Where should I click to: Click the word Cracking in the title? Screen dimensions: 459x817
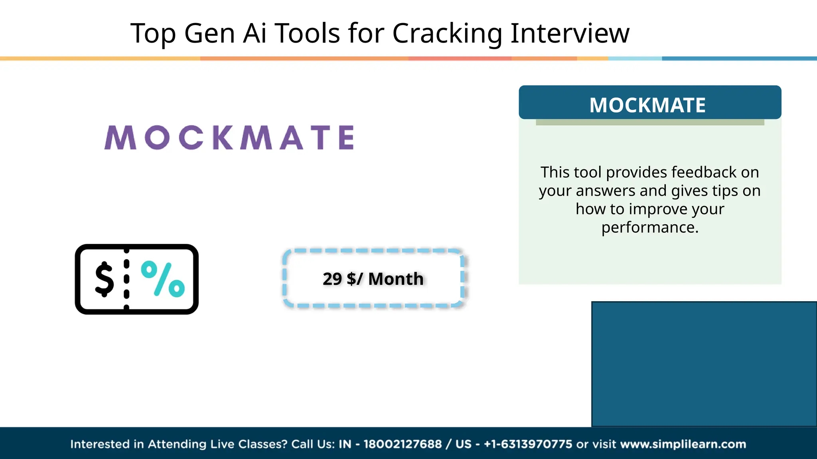pos(447,33)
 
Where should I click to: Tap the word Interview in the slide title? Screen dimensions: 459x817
pos(570,33)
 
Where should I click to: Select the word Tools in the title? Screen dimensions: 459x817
pos(307,33)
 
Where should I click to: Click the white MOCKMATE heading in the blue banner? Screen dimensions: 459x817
pos(647,105)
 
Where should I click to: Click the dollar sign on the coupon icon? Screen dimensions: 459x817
pos(105,279)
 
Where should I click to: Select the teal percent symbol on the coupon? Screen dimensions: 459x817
pos(163,279)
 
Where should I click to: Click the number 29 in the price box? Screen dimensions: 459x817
pos(332,279)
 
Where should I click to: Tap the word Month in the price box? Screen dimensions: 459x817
pos(396,279)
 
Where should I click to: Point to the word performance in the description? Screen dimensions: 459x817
pos(649,228)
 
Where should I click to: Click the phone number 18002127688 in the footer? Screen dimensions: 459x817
pos(403,444)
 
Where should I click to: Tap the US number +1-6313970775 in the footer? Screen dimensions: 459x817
pos(528,444)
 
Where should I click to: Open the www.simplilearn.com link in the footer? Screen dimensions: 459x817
pos(683,444)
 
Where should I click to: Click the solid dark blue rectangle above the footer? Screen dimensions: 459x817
pos(704,364)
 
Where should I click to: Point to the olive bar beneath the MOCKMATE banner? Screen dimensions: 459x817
pos(649,122)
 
